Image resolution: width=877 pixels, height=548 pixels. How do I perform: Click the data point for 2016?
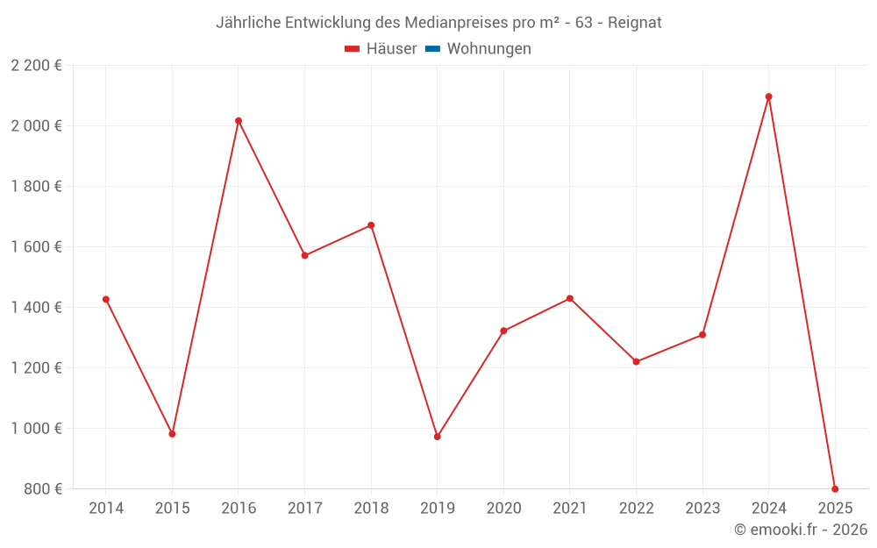239,121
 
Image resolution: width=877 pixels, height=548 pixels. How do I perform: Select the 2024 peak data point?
769,96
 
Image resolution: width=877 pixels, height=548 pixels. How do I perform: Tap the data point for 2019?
438,437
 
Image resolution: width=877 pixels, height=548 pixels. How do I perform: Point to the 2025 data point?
835,488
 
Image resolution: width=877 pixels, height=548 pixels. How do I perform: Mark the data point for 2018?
371,225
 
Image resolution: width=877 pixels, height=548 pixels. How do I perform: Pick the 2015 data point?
172,434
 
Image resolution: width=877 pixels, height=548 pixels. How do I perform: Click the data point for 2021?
570,299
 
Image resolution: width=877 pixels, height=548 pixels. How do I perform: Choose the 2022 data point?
636,361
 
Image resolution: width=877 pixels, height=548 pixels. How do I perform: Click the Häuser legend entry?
381,49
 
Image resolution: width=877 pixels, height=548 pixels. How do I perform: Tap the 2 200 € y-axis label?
36,66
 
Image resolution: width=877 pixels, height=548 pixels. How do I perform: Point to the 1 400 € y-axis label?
36,308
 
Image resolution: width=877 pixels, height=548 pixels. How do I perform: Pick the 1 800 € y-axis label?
36,187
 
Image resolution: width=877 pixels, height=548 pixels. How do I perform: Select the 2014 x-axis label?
106,508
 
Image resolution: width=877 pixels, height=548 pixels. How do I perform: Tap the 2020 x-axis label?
503,508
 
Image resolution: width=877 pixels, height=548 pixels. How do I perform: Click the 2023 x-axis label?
702,508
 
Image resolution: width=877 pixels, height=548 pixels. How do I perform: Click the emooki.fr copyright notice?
801,530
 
